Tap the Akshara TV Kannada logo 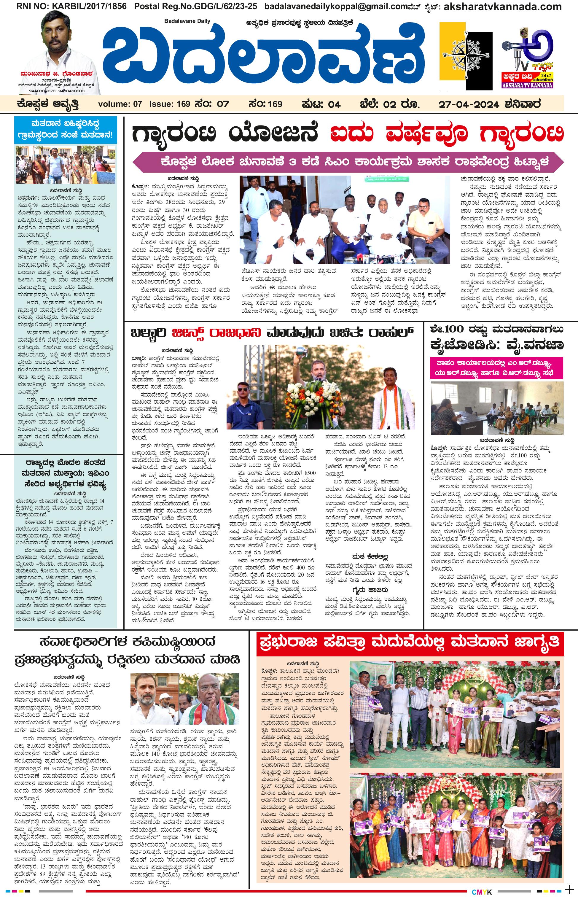pyautogui.click(x=527, y=58)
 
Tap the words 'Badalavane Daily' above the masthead pyautogui.click(x=187, y=21)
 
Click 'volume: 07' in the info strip pyautogui.click(x=120, y=104)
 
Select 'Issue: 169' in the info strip pyautogui.click(x=170, y=104)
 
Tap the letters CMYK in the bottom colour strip pyautogui.click(x=482, y=892)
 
